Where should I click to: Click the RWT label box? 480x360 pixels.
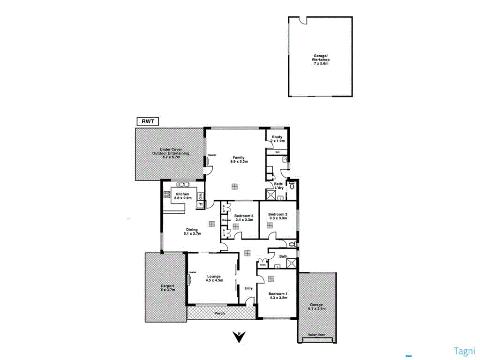pos(148,121)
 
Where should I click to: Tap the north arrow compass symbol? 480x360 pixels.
pos(239,337)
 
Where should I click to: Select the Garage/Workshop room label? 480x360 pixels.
pos(321,58)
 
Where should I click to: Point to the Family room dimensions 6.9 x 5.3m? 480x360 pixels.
pos(239,161)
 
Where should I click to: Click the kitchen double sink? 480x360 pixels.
pos(181,184)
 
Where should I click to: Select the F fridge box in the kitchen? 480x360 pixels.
pos(200,204)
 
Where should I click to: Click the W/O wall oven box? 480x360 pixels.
pos(200,196)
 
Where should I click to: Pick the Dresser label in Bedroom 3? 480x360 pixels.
pos(226,220)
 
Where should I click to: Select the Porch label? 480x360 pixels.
pos(220,313)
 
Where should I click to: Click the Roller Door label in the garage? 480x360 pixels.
pos(316,335)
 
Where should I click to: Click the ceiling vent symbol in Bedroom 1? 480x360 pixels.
pos(270,279)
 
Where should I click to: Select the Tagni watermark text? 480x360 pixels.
pos(465,351)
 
